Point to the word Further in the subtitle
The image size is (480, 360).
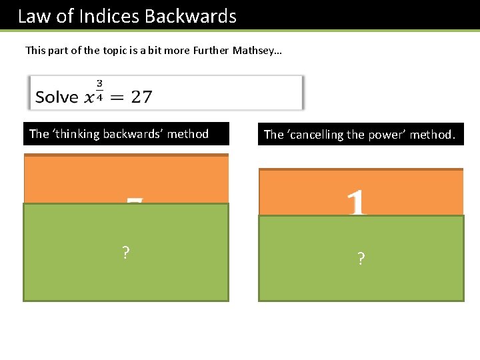[x=209, y=50]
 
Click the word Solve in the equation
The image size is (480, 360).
[x=57, y=97]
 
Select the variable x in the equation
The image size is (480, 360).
[x=89, y=98]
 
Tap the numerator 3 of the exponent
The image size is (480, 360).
[x=99, y=84]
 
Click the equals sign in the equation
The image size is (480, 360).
[x=116, y=97]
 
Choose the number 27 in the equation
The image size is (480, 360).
[x=141, y=97]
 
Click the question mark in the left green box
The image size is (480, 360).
[x=125, y=253]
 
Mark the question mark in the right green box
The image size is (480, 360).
[x=361, y=259]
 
